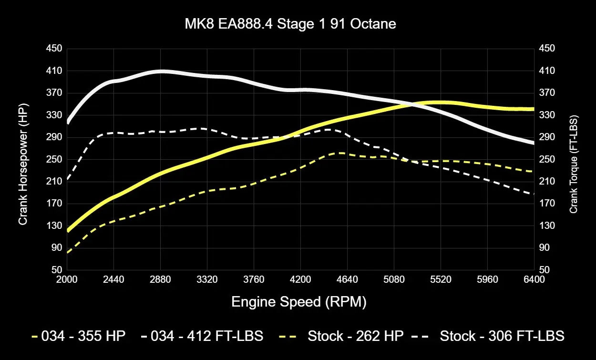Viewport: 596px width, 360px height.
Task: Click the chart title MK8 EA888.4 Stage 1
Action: pyautogui.click(x=290, y=24)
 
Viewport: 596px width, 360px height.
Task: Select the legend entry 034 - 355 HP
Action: pyautogui.click(x=78, y=336)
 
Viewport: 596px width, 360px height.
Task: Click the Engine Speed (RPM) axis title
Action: pyautogui.click(x=299, y=302)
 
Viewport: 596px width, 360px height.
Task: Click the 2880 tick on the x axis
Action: pyautogui.click(x=160, y=279)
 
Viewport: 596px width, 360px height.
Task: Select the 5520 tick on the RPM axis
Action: pyautogui.click(x=441, y=279)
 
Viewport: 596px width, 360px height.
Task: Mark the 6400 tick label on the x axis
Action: pyautogui.click(x=534, y=279)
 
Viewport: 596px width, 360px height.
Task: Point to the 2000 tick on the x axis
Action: pyautogui.click(x=67, y=279)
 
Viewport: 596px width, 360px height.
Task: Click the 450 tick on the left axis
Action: pyautogui.click(x=53, y=49)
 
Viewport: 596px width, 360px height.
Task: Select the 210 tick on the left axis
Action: pyautogui.click(x=53, y=181)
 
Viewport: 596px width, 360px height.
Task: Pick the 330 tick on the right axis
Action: pyautogui.click(x=546, y=115)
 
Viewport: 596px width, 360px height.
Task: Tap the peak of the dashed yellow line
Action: pyautogui.click(x=341, y=153)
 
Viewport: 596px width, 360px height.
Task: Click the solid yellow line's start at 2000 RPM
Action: pyautogui.click(x=68, y=230)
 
